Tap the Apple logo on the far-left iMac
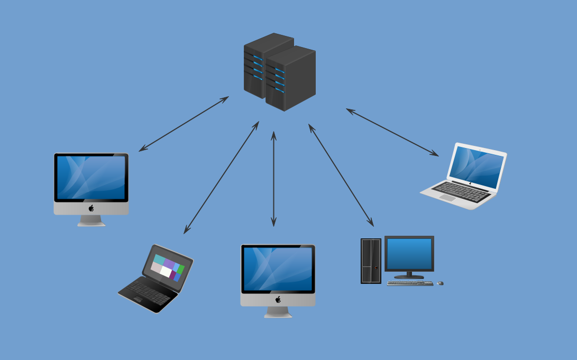coord(91,208)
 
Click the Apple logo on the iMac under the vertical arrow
coord(278,300)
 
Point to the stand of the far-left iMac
coord(91,221)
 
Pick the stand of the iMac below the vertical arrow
coord(278,312)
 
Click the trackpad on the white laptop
coord(447,198)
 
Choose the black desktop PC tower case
coord(371,261)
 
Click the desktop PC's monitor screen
coord(409,254)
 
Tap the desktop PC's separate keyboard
coord(410,283)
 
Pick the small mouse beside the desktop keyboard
coord(440,283)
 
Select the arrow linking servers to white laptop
coord(392,133)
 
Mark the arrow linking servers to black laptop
coord(221,178)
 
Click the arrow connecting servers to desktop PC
coord(341,176)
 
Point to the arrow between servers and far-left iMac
coord(184,124)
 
